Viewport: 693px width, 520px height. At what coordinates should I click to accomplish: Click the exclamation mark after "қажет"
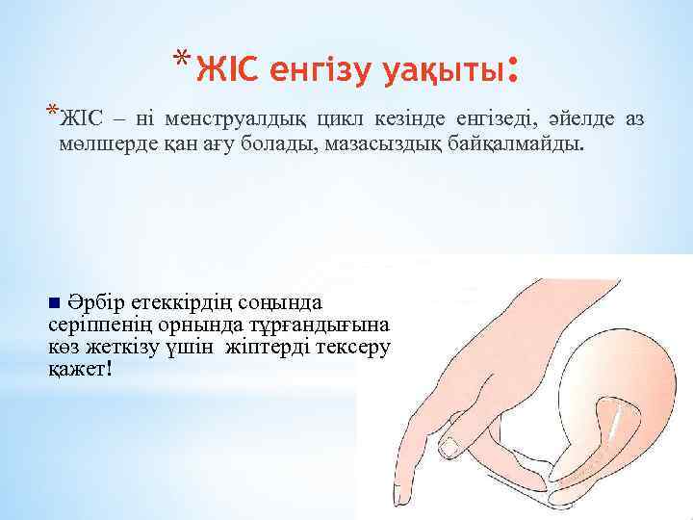[109, 370]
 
